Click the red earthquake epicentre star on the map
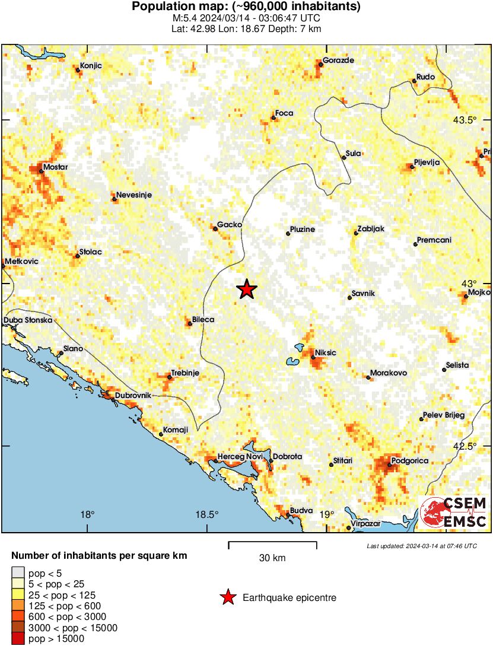point(247,289)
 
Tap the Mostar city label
point(55,167)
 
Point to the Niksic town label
point(325,352)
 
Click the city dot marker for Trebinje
point(170,377)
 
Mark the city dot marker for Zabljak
point(356,233)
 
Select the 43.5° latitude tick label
point(465,120)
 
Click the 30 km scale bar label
point(272,558)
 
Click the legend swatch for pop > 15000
point(18,638)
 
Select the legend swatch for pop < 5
point(18,574)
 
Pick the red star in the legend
point(227,597)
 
